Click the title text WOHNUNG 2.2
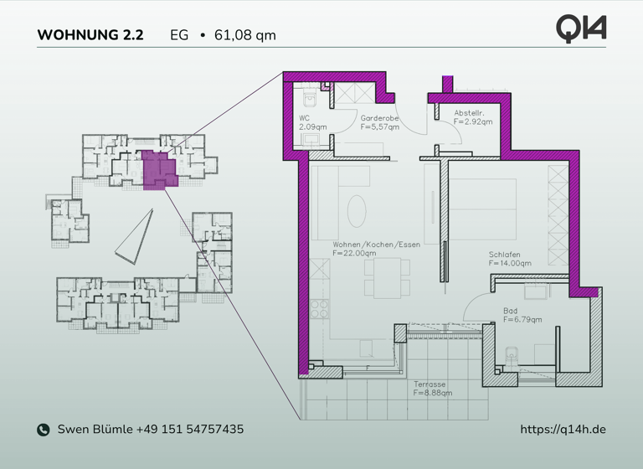coord(90,35)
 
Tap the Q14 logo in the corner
coord(581,28)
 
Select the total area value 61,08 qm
coord(245,35)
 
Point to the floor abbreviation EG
coord(179,35)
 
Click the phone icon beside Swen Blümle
coord(44,430)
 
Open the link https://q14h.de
coord(563,430)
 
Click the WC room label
coord(304,118)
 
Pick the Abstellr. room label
coord(470,113)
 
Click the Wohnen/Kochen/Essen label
coord(376,245)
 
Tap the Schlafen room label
coord(505,255)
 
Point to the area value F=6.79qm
coord(523,319)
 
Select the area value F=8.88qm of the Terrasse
coord(433,392)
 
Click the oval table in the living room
coord(357,210)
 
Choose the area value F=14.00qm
coord(510,263)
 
